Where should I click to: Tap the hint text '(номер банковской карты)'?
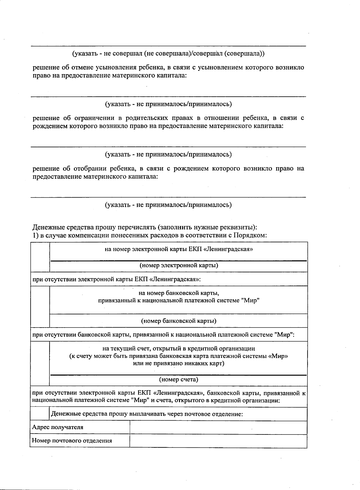point(178,321)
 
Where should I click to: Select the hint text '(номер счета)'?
point(178,380)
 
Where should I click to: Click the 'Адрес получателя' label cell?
point(58,427)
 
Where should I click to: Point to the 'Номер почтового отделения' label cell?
point(72,441)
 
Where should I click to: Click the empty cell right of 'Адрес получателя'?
point(218,427)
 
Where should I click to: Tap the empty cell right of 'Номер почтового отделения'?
point(218,441)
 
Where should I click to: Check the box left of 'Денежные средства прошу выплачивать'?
point(40,414)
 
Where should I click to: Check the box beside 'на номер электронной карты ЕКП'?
point(40,257)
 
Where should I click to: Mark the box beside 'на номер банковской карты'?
point(40,307)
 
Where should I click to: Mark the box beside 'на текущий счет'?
point(40,364)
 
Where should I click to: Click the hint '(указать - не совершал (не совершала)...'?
point(168,54)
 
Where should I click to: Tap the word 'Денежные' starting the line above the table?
point(46,227)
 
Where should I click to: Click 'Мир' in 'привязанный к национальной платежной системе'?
point(250,301)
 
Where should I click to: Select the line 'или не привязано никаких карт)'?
point(178,364)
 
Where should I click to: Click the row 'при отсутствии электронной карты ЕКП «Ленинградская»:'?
point(116,279)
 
